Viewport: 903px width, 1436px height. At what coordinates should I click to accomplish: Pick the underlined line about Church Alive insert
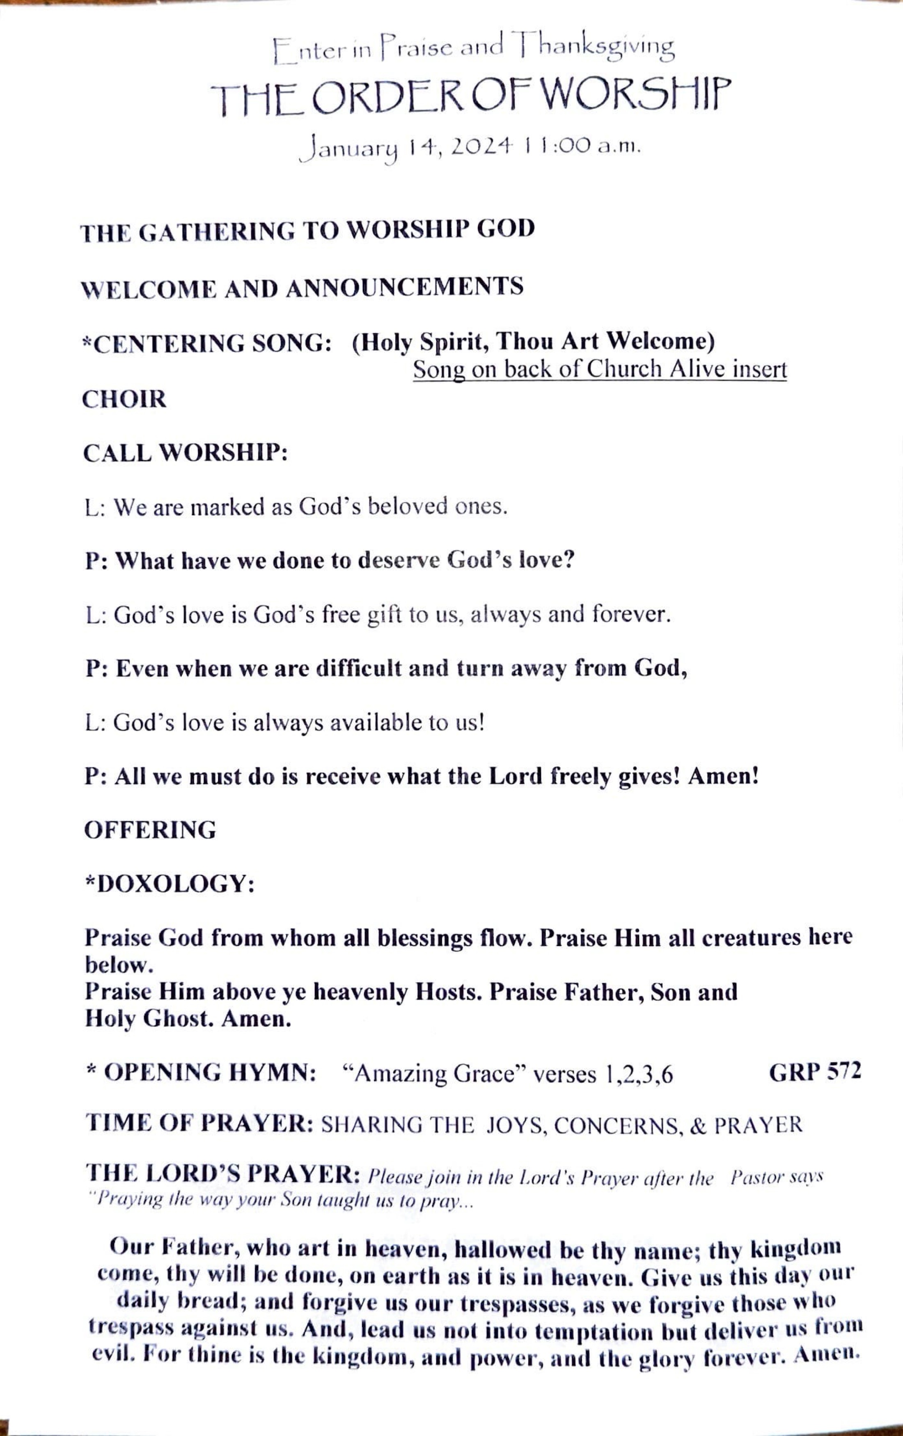click(599, 370)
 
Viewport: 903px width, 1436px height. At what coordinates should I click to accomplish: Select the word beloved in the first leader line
click(407, 507)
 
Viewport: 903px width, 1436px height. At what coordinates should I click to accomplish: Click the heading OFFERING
click(150, 830)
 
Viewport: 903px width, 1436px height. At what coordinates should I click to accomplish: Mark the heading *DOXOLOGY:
click(170, 884)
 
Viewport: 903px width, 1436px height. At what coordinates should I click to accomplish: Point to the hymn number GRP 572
click(815, 1072)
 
